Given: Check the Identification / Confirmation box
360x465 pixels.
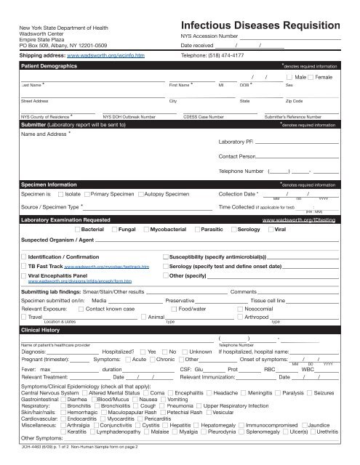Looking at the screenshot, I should tap(24, 257).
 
